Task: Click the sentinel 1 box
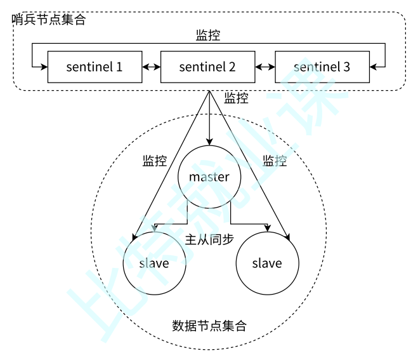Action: (x=95, y=67)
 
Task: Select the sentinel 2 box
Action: (x=207, y=67)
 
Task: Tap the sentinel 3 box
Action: (x=321, y=67)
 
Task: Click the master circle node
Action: (x=209, y=177)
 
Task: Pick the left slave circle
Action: (x=154, y=263)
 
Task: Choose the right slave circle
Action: (x=266, y=263)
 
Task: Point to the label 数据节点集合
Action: (x=209, y=326)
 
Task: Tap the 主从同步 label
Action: (x=209, y=240)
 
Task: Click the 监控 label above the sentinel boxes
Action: (x=209, y=36)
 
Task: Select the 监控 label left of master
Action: (x=155, y=161)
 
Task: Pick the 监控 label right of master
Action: (x=275, y=161)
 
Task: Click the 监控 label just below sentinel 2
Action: (x=236, y=98)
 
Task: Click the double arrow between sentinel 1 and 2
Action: (x=151, y=67)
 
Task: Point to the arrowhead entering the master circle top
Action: (x=209, y=142)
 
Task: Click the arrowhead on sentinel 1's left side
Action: (x=44, y=67)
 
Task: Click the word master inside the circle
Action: (x=209, y=177)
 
